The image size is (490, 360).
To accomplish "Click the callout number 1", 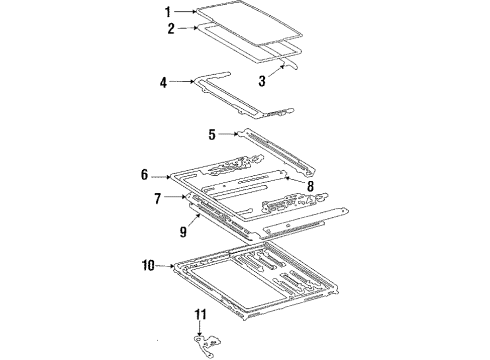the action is [x=168, y=12].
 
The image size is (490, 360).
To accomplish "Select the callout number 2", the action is [x=171, y=28].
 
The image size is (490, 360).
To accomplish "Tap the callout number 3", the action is [x=262, y=81].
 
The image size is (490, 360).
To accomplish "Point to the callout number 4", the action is [x=163, y=82].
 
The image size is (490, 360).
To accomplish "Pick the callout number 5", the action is [x=212, y=134].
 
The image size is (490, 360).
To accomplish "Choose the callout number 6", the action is [x=144, y=174].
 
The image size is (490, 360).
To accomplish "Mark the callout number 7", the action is [x=158, y=199].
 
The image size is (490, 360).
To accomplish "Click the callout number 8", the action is [x=310, y=186].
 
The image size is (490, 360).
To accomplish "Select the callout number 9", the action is [x=183, y=232].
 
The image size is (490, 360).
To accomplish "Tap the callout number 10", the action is [x=148, y=266].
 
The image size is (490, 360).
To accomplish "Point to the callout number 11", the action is [x=200, y=314].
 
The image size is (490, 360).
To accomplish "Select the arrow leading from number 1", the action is [x=186, y=12].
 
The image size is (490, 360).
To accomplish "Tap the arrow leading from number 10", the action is [x=165, y=266].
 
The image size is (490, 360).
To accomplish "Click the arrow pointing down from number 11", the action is [x=200, y=328].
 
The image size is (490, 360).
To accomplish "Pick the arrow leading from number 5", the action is [x=228, y=134].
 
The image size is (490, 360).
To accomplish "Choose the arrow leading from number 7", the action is [x=175, y=197].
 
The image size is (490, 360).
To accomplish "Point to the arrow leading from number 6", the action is [x=161, y=177].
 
